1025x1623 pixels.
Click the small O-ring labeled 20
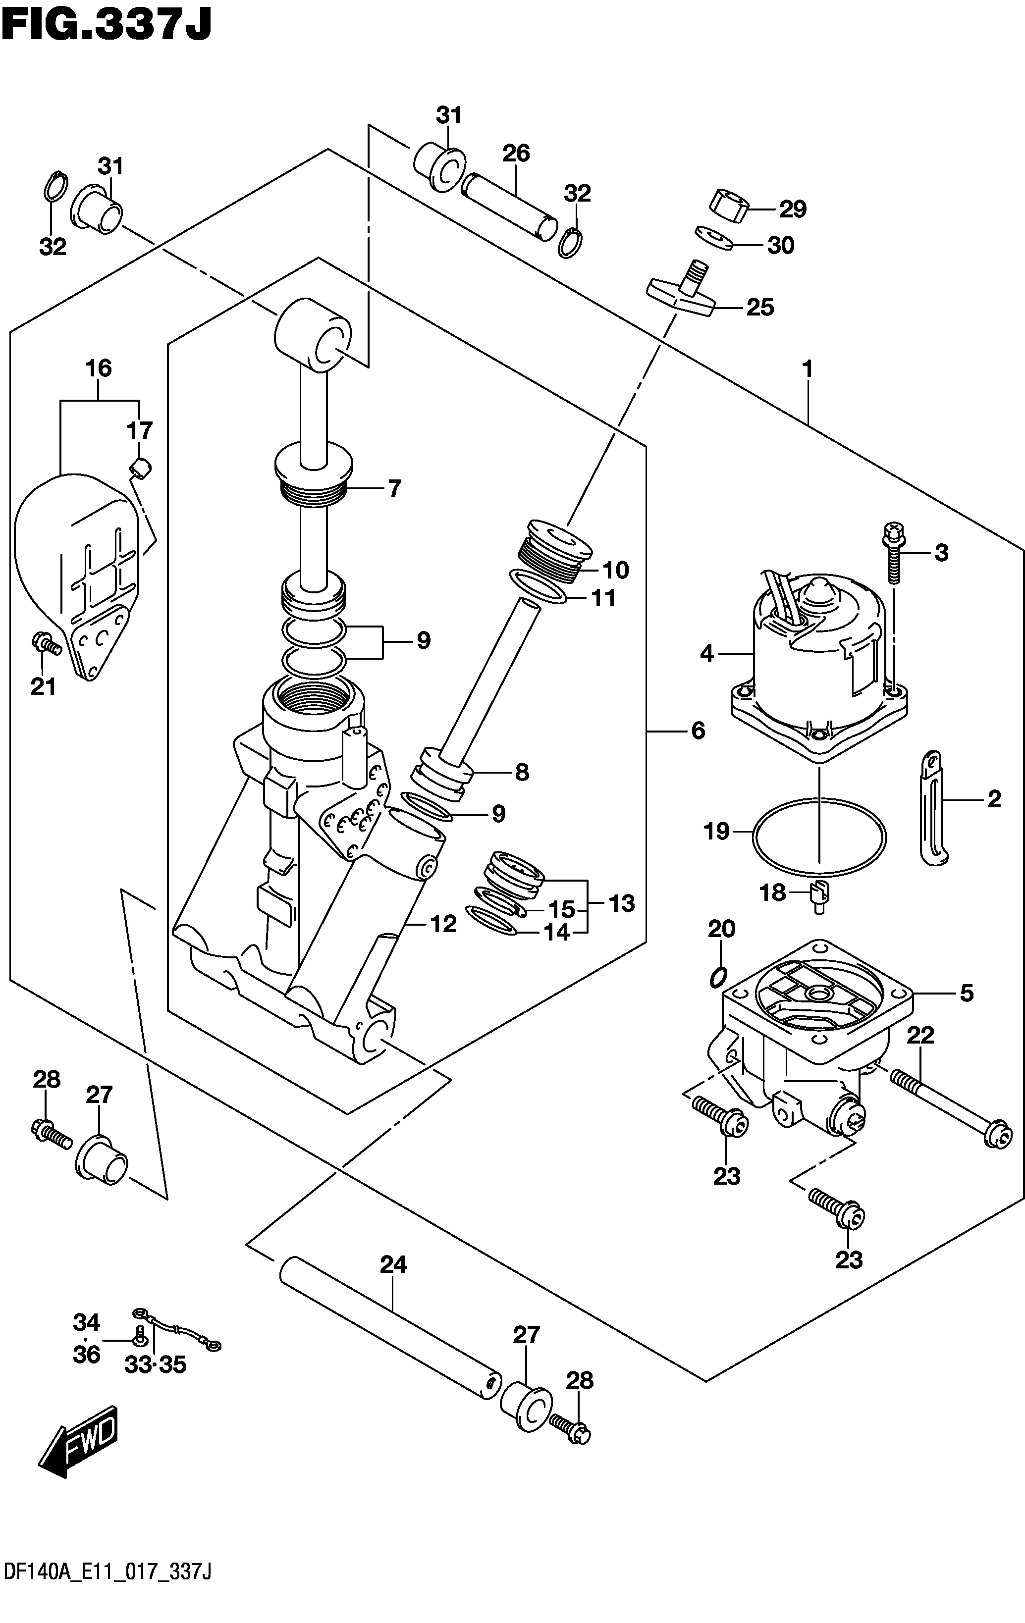tap(719, 977)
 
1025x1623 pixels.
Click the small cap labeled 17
tap(141, 467)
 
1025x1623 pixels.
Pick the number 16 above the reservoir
tap(99, 368)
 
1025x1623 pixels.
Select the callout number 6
tap(698, 730)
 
